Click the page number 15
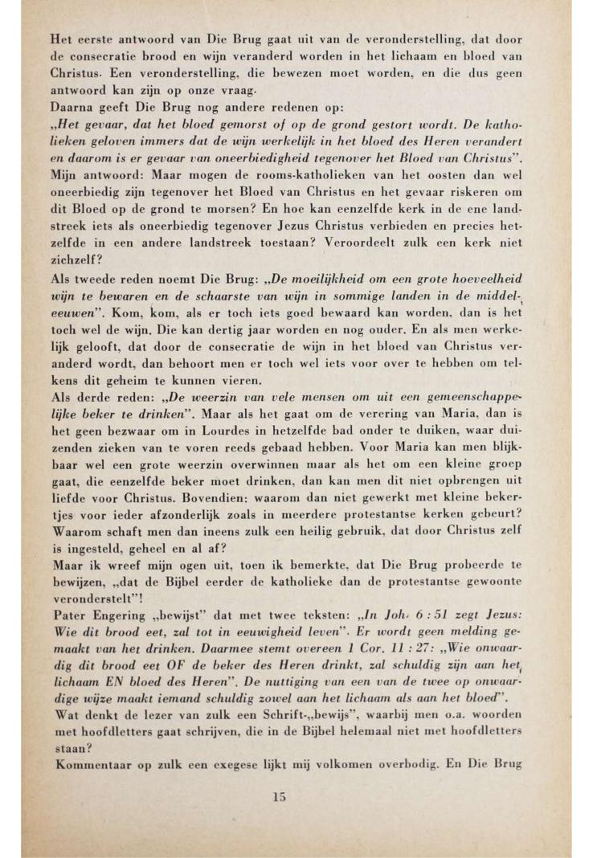[279, 798]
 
